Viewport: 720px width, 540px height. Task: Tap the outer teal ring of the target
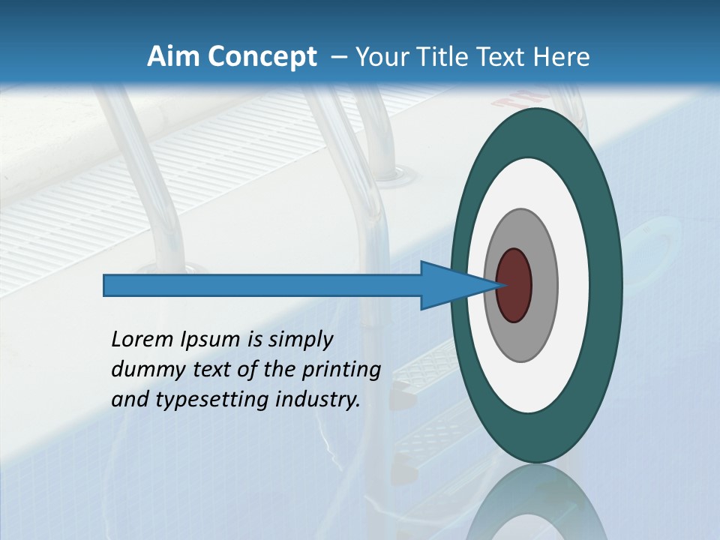point(609,285)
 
